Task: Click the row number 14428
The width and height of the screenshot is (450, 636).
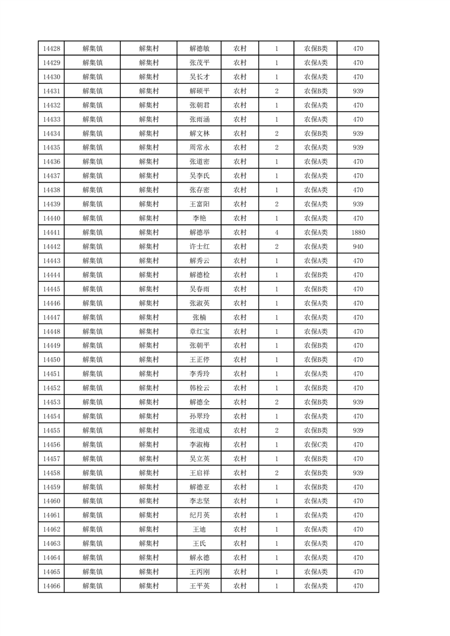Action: pos(51,49)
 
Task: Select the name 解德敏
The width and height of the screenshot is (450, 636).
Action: pos(199,49)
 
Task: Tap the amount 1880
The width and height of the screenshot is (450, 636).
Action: pos(358,232)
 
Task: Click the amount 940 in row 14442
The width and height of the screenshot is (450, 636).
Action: pos(358,247)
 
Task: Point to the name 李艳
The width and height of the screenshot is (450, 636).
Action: pos(199,218)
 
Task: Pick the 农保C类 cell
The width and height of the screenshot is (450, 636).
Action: pos(316,444)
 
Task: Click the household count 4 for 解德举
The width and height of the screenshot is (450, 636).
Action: pos(276,232)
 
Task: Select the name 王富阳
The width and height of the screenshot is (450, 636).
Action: pos(199,204)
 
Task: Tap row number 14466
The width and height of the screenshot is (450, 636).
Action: pos(51,586)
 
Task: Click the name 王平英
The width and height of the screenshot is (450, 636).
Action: pos(199,586)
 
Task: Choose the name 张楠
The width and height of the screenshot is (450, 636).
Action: pos(199,317)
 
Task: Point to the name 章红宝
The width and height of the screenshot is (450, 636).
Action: pos(199,332)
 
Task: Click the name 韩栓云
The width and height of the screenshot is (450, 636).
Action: pos(199,388)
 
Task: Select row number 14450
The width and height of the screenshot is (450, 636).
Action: pos(51,360)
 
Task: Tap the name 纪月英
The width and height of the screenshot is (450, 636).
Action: pos(199,515)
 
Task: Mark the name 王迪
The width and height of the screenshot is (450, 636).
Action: pos(199,529)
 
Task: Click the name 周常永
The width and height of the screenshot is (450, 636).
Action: pos(199,147)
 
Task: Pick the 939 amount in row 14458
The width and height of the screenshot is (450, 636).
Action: pos(358,473)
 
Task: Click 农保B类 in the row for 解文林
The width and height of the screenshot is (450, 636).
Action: pos(316,133)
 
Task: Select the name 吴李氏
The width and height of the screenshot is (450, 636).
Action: pos(199,176)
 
